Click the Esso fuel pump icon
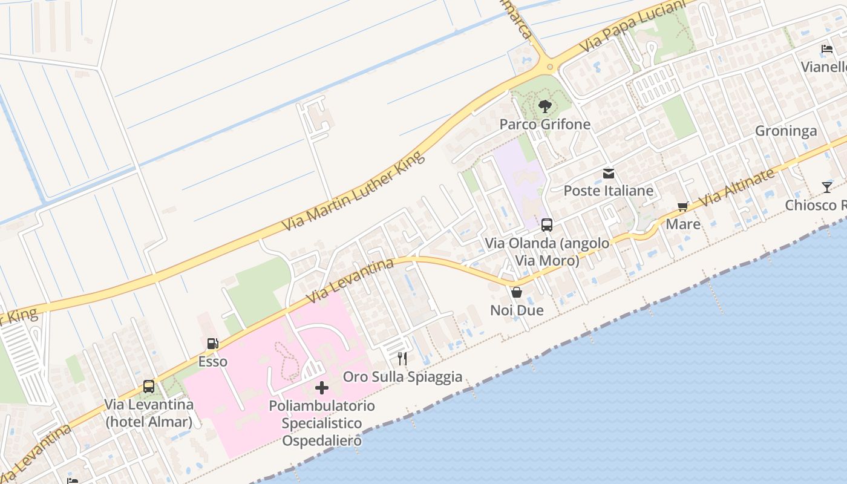click(x=213, y=344)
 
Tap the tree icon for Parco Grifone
click(x=544, y=106)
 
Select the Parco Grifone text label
click(x=544, y=125)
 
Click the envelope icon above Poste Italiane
click(x=609, y=174)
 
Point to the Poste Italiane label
click(x=609, y=191)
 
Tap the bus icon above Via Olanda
click(x=547, y=225)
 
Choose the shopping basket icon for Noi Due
click(x=517, y=292)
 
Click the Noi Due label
click(x=517, y=310)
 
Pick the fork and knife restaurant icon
click(x=402, y=359)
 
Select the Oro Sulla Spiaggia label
click(x=403, y=377)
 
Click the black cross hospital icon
click(x=322, y=387)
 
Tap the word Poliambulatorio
click(x=322, y=405)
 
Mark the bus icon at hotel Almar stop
click(x=149, y=386)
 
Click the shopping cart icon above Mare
click(x=684, y=207)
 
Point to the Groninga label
click(x=786, y=131)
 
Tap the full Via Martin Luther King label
click(x=354, y=191)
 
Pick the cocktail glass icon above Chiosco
click(x=827, y=188)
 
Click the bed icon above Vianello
click(x=827, y=49)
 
